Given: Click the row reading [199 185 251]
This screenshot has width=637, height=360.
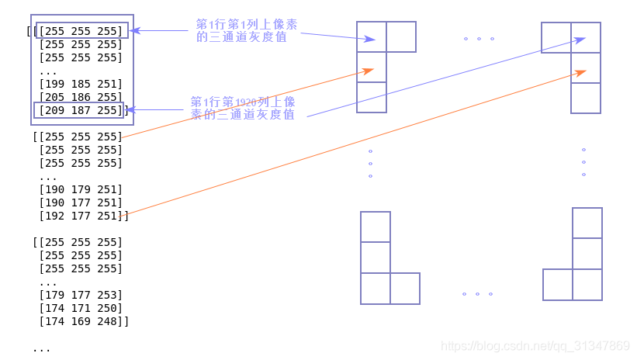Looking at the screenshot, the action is pyautogui.click(x=81, y=84).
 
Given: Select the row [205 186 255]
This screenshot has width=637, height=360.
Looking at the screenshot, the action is pyautogui.click(x=81, y=97).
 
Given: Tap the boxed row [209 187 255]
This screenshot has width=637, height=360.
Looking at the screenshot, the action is pyautogui.click(x=81, y=110).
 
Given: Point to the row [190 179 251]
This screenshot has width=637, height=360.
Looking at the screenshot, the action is pyautogui.click(x=81, y=189).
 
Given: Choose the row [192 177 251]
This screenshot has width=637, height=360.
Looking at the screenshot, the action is pyautogui.click(x=81, y=216).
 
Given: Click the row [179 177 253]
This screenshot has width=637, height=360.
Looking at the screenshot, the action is pyautogui.click(x=81, y=295).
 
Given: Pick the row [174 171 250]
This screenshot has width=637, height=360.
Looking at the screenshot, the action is pyautogui.click(x=81, y=308).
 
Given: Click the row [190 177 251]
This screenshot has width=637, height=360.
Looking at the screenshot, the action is pyautogui.click(x=81, y=202).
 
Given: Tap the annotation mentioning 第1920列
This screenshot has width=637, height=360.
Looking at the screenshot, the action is pyautogui.click(x=243, y=108).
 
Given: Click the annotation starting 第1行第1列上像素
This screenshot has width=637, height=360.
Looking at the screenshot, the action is pyautogui.click(x=246, y=30).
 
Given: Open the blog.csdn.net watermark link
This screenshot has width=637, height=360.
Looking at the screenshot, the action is pyautogui.click(x=535, y=346).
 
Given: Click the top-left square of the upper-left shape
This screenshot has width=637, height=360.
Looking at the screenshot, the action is pyautogui.click(x=372, y=36).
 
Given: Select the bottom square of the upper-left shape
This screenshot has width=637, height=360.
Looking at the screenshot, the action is pyautogui.click(x=372, y=97).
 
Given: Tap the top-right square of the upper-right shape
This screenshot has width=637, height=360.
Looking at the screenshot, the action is pyautogui.click(x=586, y=37).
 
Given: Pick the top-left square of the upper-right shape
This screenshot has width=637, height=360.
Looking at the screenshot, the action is pyautogui.click(x=556, y=37).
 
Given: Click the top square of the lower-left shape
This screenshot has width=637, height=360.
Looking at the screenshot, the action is pyautogui.click(x=376, y=227).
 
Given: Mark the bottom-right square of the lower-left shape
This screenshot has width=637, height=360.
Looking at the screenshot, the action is pyautogui.click(x=405, y=289).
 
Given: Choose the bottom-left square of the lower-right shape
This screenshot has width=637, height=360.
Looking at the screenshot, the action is pyautogui.click(x=558, y=285).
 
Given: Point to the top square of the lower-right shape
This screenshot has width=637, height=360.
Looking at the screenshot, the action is pyautogui.click(x=587, y=223).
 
